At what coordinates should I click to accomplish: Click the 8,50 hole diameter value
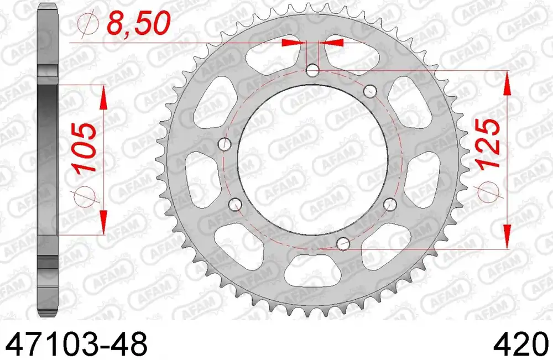[x=137, y=24]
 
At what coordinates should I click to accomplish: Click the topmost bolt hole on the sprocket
[x=312, y=70]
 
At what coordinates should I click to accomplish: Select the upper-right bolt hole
[x=369, y=91]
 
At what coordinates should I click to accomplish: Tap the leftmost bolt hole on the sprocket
[x=225, y=144]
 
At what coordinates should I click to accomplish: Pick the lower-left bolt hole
[x=235, y=204]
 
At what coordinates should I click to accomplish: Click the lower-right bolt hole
[x=390, y=204]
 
